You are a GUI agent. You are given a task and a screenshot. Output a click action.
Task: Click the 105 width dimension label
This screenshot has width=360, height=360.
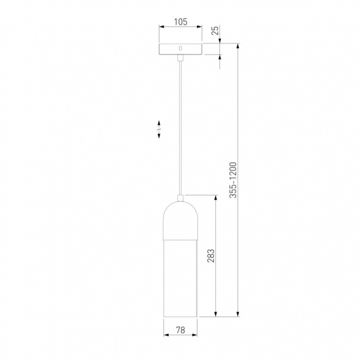point(181,22)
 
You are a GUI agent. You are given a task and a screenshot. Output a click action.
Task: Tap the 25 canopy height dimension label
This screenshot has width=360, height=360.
point(215,31)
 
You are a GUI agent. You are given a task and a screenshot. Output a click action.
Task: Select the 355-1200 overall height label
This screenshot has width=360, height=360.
point(233,180)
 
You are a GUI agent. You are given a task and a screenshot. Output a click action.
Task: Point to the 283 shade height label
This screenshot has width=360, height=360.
point(211,255)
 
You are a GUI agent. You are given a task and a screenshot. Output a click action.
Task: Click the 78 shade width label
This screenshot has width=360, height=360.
point(180,330)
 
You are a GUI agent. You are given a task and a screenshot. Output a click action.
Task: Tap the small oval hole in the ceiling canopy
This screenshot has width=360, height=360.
point(180,48)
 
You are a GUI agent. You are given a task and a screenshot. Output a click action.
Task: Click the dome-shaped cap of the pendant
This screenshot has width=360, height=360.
point(180,221)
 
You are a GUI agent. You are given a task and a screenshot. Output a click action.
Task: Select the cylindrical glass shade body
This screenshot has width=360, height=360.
point(180,278)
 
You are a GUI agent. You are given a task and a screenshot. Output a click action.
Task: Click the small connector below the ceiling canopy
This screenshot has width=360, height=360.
point(180,58)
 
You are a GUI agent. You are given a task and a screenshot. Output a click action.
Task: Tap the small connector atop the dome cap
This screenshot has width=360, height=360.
point(180,198)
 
